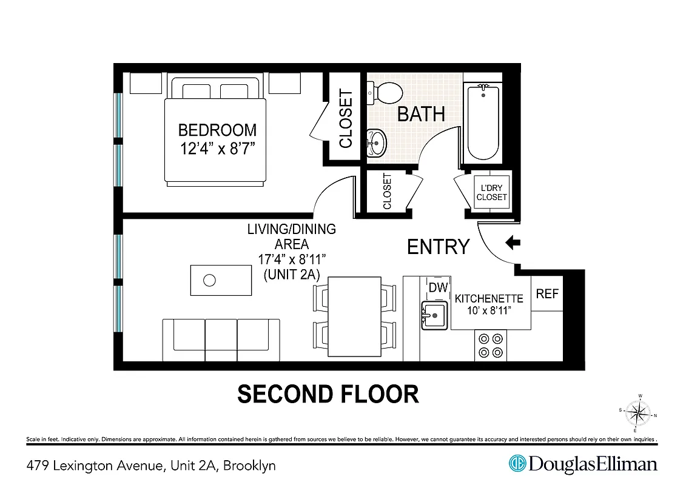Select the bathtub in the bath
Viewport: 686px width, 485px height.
point(483,122)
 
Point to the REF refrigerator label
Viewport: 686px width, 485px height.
point(547,293)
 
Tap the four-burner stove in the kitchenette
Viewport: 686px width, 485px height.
point(490,346)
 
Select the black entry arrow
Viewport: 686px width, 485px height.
point(513,243)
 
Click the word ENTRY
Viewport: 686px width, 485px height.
point(438,247)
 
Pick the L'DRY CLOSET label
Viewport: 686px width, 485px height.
point(491,193)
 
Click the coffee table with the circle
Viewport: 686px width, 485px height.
point(221,280)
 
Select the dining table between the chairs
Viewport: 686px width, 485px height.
point(354,317)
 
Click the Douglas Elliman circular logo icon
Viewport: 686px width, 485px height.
point(517,464)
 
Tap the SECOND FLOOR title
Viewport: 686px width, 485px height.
point(328,394)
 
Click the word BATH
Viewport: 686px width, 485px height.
point(421,114)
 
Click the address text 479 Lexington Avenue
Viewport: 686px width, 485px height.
point(95,466)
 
